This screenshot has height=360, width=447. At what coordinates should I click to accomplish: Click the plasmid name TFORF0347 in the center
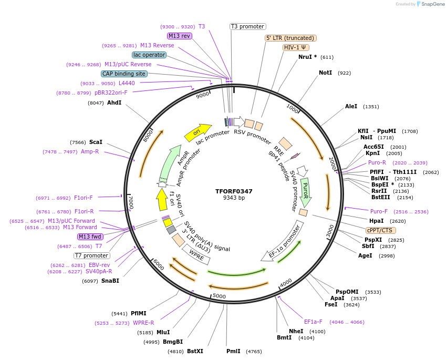234,191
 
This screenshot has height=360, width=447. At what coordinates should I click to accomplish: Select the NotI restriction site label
325,73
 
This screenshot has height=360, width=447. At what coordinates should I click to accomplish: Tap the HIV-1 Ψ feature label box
296,47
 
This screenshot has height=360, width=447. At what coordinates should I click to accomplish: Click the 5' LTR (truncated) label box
290,38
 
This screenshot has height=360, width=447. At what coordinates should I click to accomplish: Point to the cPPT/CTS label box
381,230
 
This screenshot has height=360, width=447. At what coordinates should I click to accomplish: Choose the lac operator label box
149,55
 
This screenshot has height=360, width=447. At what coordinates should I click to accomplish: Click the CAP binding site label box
124,74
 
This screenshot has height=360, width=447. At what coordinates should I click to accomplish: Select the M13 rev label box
179,36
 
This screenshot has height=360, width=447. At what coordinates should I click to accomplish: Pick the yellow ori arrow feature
197,132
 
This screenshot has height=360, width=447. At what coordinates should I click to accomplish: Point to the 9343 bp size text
234,198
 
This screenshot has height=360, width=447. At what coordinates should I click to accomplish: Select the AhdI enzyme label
114,103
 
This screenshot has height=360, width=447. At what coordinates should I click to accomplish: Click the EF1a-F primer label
313,322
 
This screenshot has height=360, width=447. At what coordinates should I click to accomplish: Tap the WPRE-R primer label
143,323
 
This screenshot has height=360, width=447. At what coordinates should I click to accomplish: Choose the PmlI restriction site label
233,351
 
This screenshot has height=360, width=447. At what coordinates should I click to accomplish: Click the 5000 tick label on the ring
219,296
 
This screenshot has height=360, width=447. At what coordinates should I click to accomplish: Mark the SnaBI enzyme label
110,281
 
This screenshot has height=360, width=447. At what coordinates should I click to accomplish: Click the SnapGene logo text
430,4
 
